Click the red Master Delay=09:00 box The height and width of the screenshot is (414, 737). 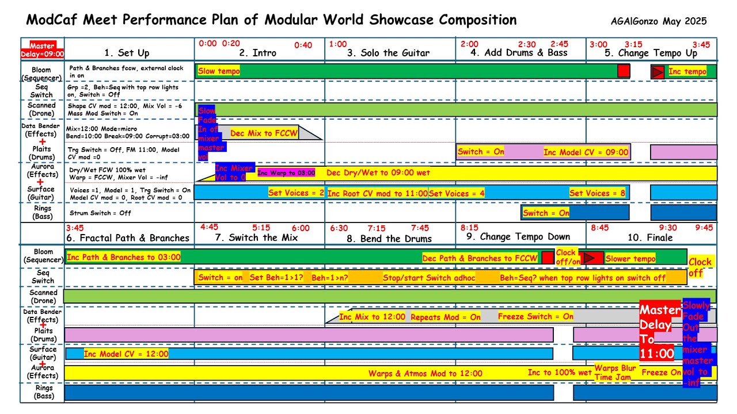42,50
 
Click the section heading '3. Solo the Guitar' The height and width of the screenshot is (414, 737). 388,53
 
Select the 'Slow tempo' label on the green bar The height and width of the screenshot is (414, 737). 219,71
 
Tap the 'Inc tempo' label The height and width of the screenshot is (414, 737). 687,72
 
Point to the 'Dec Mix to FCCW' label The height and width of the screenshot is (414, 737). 264,133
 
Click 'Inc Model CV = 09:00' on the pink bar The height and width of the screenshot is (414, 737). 586,152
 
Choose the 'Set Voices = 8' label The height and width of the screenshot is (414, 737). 597,193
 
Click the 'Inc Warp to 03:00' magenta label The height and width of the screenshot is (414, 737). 286,173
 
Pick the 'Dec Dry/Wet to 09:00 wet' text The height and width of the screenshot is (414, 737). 378,172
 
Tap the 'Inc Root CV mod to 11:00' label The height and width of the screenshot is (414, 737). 377,194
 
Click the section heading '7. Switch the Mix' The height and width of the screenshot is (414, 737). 256,237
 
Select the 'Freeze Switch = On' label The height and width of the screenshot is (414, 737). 535,317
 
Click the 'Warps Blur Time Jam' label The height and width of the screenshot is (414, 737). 615,373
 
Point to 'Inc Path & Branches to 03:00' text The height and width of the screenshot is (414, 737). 124,258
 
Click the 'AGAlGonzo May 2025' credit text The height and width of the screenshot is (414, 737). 659,22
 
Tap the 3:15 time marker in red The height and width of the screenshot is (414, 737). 633,44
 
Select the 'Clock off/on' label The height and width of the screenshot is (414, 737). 566,256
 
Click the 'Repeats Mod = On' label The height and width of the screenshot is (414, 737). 446,317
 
